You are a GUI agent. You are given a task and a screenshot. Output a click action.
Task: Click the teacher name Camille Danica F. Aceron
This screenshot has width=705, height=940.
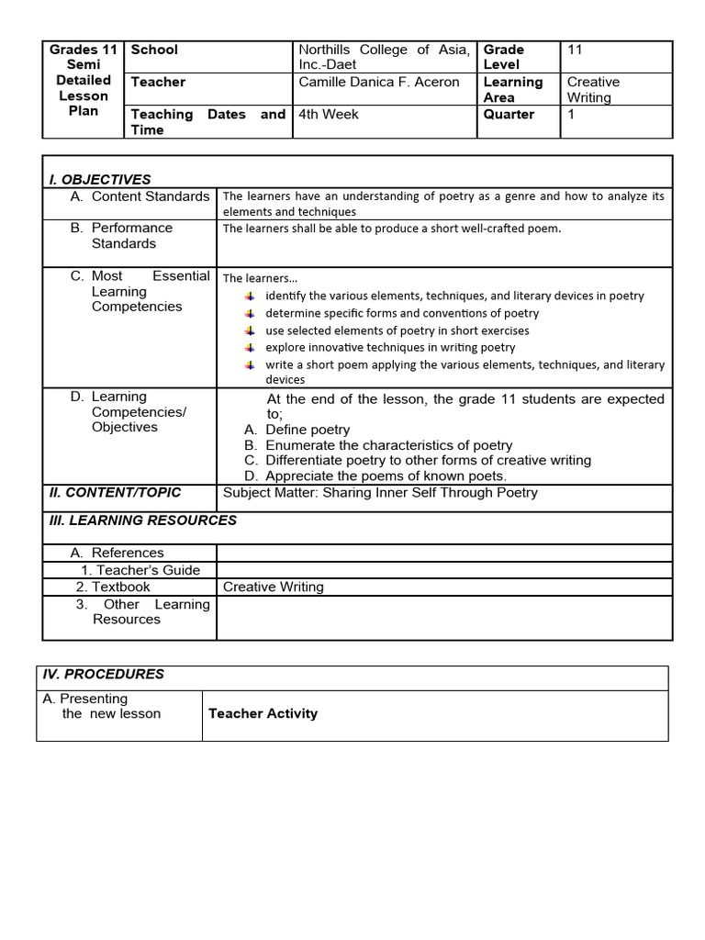pos(379,82)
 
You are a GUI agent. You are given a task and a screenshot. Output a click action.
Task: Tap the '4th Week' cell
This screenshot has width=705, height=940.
pos(329,115)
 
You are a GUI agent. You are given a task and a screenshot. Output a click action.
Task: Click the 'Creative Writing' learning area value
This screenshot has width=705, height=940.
pos(593,89)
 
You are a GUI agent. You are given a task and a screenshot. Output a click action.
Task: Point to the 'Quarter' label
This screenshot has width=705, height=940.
pos(509,115)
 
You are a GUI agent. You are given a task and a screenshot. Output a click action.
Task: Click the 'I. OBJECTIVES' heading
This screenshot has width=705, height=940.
pos(100,179)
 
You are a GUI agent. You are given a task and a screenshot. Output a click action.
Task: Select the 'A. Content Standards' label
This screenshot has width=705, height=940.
pos(140,196)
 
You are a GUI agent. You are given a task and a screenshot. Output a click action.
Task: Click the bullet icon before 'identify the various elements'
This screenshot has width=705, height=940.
pos(250,296)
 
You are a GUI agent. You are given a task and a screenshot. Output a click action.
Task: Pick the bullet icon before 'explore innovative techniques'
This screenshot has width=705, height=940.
pos(250,347)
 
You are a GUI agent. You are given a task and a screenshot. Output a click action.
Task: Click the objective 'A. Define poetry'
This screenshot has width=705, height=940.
pos(297,430)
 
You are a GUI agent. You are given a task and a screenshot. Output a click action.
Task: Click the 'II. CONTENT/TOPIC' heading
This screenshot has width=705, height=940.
pos(115,493)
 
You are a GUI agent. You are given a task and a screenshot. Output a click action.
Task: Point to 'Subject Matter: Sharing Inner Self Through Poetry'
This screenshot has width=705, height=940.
pos(380,493)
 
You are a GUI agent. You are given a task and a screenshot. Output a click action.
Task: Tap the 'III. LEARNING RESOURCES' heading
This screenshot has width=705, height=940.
pos(142,520)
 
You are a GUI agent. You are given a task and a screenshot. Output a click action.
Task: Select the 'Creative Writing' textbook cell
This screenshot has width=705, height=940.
pos(274,587)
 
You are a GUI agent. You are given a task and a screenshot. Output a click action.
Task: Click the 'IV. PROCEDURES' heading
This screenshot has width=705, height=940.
pos(104,674)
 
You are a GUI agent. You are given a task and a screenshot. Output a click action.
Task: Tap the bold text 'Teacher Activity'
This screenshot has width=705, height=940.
pos(263,713)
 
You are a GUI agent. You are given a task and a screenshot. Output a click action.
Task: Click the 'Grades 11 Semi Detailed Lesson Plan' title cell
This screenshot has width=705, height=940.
pos(84,80)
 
